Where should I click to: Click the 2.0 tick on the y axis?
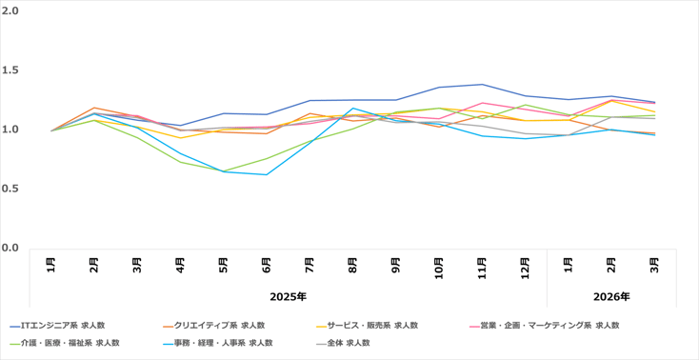tap(11, 11)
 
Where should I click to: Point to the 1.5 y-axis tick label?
tap(11, 70)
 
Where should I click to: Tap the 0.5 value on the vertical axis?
tap(11, 188)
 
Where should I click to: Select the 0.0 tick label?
tap(11, 247)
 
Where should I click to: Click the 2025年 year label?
tap(288, 297)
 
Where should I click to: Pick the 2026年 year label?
tap(610, 297)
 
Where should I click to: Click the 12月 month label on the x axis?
tap(526, 265)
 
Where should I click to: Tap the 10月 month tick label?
tap(439, 265)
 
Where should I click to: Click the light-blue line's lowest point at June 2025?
tap(267, 174)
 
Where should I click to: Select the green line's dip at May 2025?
tap(224, 171)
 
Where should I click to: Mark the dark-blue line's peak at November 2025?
tap(483, 85)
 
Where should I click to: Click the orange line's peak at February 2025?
tap(93, 108)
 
